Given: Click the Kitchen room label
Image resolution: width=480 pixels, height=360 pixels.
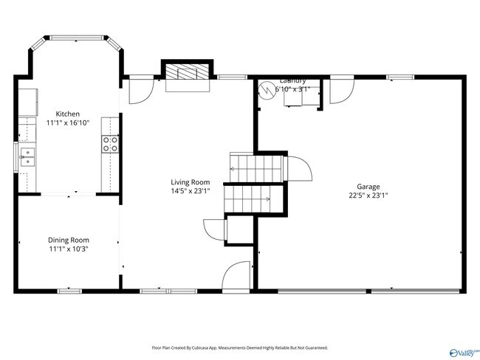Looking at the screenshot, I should pos(68,114).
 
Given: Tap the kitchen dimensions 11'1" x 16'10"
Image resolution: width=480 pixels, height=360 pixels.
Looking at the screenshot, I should pos(68,123).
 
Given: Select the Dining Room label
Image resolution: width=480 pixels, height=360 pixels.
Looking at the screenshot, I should pos(68,240).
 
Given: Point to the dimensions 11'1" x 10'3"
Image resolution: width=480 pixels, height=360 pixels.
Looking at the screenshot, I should pos(68,249).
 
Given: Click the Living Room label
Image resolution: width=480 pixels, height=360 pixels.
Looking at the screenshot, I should pos(191,182).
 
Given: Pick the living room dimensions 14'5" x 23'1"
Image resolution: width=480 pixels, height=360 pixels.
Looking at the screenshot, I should pos(191,191).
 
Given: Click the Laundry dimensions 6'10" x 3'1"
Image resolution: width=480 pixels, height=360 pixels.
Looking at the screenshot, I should pos(292,89).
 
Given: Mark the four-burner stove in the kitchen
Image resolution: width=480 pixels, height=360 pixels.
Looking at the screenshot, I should pos(111,144).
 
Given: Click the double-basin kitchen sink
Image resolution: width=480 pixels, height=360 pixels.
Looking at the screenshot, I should pos(27,157).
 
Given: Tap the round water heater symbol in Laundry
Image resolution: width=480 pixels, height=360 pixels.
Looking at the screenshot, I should pos(266,89).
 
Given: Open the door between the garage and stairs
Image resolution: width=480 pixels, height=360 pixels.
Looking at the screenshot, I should pos(298,168).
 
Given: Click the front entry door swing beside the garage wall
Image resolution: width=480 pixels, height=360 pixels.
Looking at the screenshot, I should pos(238,275).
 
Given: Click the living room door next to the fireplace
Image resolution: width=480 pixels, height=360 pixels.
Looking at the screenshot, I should pos(140,90).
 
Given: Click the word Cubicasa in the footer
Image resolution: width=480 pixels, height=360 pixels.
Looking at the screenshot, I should pos(209,347).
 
